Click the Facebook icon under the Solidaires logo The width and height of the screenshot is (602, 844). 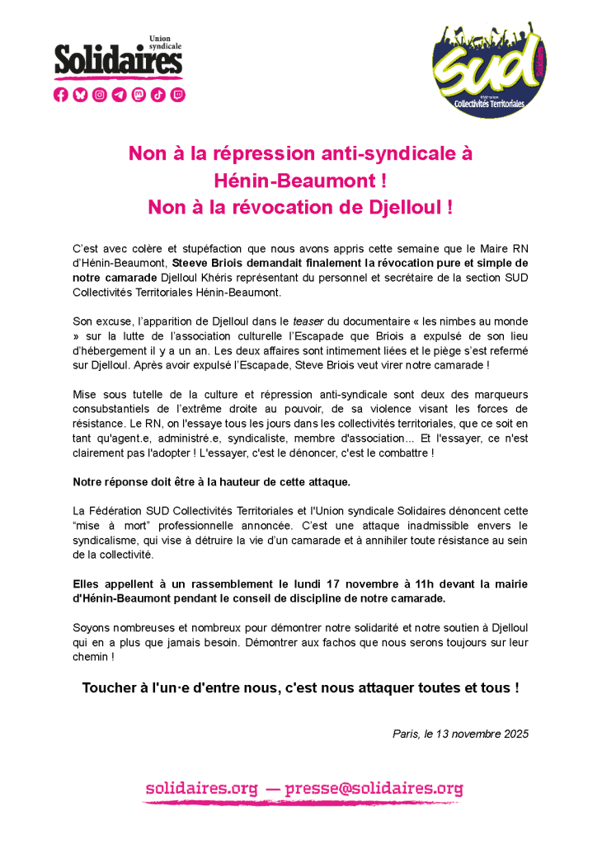61,95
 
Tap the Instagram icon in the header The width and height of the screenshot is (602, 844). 100,95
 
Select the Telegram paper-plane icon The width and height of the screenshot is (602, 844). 120,95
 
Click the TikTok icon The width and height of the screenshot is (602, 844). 158,95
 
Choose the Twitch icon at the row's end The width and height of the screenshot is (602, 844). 178,95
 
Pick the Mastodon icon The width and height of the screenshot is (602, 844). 139,95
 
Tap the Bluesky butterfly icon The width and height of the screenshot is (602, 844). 80,95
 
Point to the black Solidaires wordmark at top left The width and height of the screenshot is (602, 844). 118,60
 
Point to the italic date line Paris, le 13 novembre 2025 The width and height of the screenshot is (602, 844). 461,733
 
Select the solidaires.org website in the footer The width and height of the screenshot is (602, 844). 201,788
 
